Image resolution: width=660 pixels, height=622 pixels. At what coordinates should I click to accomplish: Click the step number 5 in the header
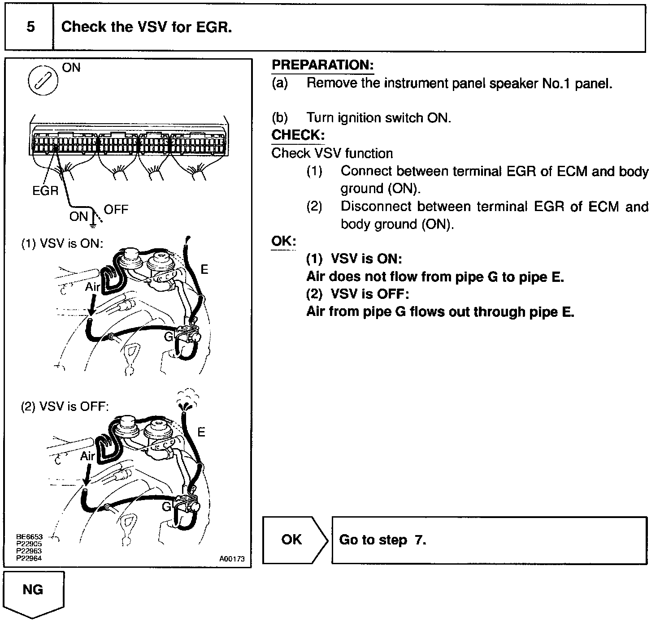[x=30, y=27]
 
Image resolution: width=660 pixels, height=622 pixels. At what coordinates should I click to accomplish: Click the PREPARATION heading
[x=322, y=65]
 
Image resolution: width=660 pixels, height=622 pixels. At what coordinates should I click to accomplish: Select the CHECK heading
[x=298, y=135]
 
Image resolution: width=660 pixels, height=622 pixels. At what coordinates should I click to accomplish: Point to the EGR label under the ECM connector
[x=45, y=191]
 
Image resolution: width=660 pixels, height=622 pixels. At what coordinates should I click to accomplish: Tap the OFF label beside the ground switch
[x=116, y=210]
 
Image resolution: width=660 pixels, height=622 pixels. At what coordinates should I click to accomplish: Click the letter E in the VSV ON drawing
[x=204, y=269]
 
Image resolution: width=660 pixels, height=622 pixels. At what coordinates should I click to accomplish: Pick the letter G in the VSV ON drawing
[x=169, y=337]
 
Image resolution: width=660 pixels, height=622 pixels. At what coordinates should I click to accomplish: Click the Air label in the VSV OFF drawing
[x=87, y=456]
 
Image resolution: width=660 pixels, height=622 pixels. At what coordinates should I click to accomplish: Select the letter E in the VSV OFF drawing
[x=201, y=432]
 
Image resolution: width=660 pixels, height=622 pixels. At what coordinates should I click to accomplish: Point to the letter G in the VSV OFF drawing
[x=166, y=507]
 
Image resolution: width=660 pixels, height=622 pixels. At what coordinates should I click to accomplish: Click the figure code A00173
[x=232, y=559]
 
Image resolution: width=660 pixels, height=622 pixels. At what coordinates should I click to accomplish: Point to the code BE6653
[x=29, y=537]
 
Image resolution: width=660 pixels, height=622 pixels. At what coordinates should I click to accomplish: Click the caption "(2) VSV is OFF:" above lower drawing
[x=65, y=406]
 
